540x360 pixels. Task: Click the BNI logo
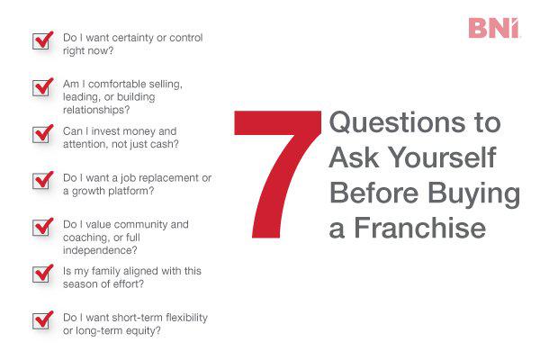(x=494, y=28)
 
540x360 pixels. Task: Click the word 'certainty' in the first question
(x=135, y=38)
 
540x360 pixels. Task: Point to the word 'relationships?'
(x=97, y=110)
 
